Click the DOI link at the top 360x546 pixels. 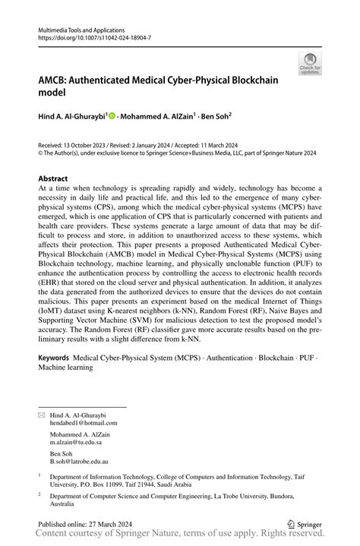tap(89, 36)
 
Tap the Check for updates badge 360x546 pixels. tap(310, 63)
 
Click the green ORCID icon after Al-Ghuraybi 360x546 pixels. tap(112, 117)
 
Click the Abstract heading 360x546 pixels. tap(54, 179)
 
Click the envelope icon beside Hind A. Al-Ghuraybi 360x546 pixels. tap(42, 415)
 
